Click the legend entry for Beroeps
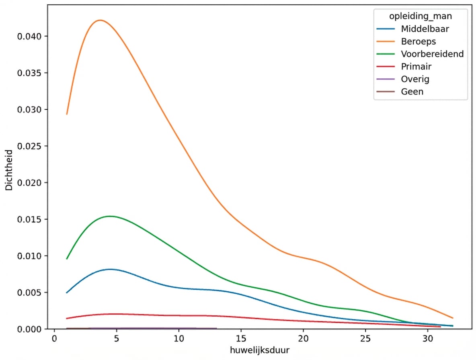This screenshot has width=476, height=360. pyautogui.click(x=418, y=41)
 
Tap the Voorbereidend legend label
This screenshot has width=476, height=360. pyautogui.click(x=432, y=54)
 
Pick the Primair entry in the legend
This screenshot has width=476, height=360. pyautogui.click(x=416, y=66)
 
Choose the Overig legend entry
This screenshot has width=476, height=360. pyautogui.click(x=415, y=79)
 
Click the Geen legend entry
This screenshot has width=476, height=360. pyautogui.click(x=412, y=92)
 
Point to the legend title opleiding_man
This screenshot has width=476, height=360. pyautogui.click(x=420, y=16)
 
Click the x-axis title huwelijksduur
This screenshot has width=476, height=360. pyautogui.click(x=260, y=350)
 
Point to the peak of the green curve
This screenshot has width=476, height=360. pyautogui.click(x=109, y=216)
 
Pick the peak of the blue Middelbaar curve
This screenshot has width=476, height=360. pyautogui.click(x=110, y=269)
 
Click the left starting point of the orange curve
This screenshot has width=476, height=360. pyautogui.click(x=67, y=114)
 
